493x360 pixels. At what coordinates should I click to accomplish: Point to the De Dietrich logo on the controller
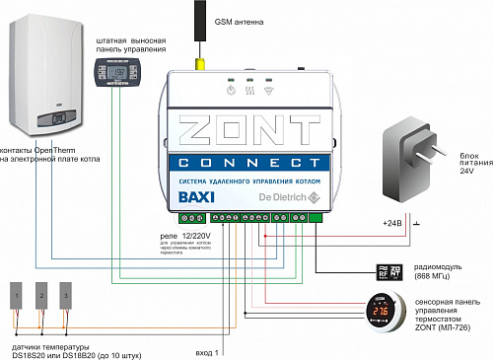pyautogui.click(x=283, y=197)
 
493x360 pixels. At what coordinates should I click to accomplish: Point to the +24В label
pyautogui.click(x=391, y=224)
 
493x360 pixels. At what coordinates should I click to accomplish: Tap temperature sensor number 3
pyautogui.click(x=67, y=295)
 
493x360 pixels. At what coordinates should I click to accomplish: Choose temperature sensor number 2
pyautogui.click(x=42, y=295)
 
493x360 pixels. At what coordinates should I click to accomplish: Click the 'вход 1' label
pyautogui.click(x=210, y=349)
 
